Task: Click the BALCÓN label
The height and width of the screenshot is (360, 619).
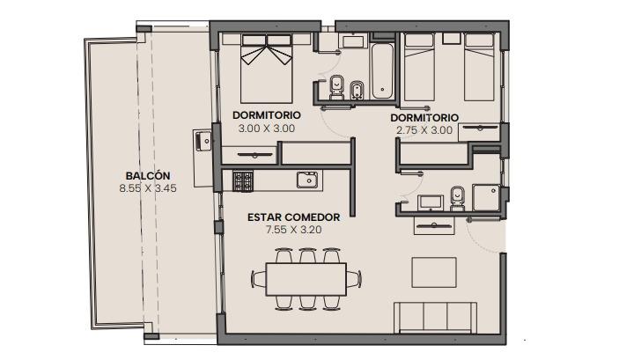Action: click(148, 176)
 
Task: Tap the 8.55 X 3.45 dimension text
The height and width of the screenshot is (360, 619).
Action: click(148, 188)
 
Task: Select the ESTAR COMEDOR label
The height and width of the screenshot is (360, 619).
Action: click(294, 217)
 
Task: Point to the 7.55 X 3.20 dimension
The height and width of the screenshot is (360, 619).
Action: click(294, 230)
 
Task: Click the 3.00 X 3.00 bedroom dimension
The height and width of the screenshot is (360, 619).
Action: click(267, 129)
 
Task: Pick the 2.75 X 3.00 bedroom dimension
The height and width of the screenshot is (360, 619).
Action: click(424, 130)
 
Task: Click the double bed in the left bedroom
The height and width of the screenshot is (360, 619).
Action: click(267, 69)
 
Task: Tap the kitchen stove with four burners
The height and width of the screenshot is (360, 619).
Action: click(242, 181)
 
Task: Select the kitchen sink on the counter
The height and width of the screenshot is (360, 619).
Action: click(307, 180)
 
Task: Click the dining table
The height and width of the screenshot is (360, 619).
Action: click(306, 280)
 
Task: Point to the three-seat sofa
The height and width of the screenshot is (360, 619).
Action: click(438, 318)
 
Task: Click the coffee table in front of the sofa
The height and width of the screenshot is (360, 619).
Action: click(434, 272)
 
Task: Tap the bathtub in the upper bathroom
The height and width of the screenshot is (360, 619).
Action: click(382, 71)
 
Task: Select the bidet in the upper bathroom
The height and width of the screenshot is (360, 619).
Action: click(357, 91)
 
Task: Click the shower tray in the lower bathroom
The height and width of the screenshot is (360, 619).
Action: click(486, 197)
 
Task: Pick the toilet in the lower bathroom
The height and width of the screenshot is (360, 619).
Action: click(458, 199)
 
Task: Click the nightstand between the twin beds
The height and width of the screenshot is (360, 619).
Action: click(451, 39)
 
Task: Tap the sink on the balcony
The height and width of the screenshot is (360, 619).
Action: click(203, 141)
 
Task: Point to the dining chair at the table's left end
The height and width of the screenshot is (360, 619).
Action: click(259, 279)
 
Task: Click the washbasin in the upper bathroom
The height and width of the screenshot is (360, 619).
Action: click(353, 41)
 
